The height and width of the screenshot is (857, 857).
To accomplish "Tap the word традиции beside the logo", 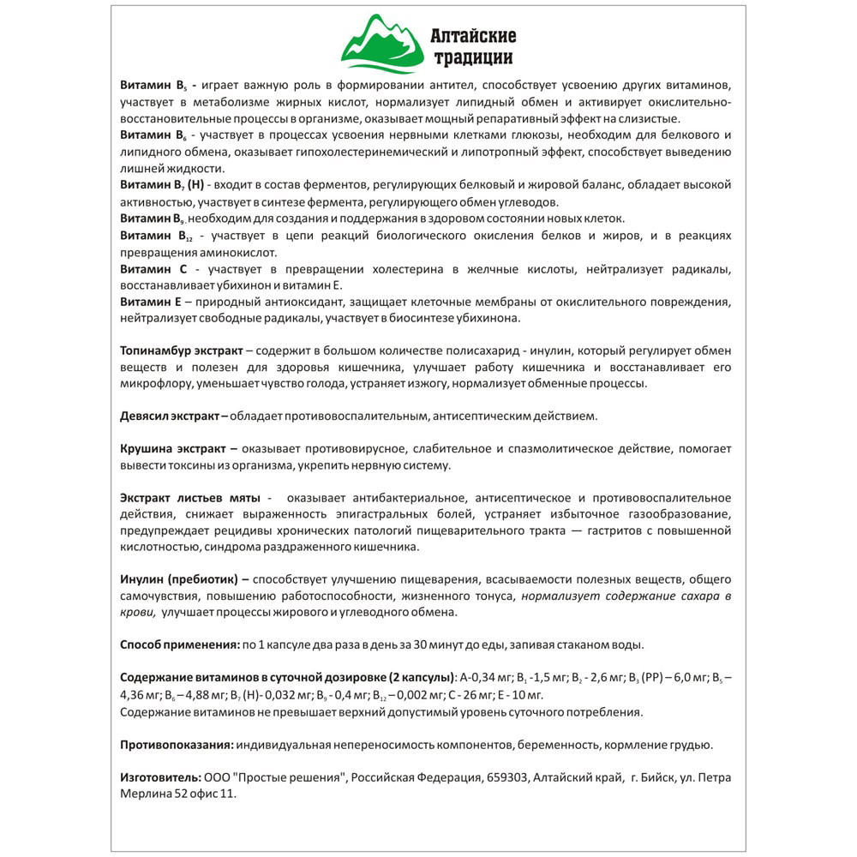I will click(x=474, y=58).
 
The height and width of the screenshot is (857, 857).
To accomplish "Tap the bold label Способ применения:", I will click(x=180, y=644).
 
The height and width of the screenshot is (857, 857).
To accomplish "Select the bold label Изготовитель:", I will click(x=160, y=776).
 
